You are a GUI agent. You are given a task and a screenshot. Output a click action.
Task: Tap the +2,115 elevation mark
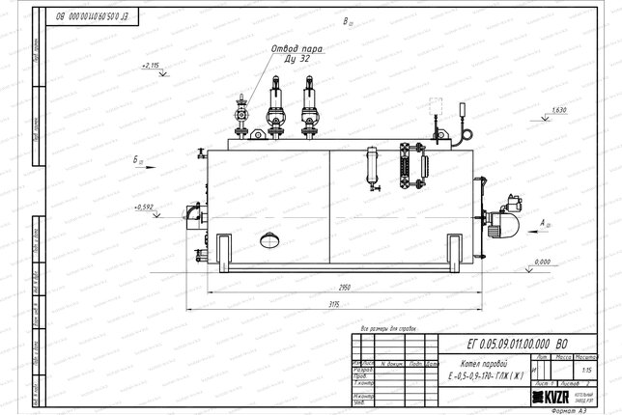[x=150, y=65]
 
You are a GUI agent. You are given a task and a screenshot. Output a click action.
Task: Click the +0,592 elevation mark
[x=145, y=207]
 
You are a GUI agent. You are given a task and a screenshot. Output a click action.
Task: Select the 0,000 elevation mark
[x=542, y=262]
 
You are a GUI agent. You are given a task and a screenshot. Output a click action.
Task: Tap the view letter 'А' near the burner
[x=544, y=221]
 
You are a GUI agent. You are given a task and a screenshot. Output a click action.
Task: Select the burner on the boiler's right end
[x=505, y=223]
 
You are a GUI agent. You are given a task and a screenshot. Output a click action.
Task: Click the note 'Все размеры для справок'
[x=386, y=328]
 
